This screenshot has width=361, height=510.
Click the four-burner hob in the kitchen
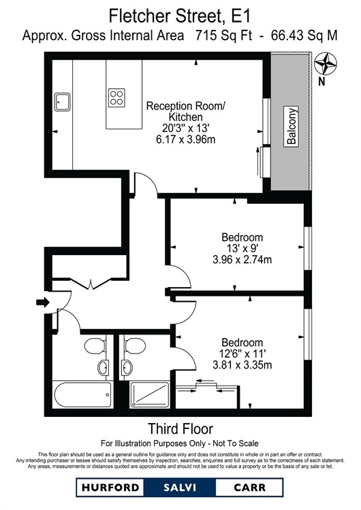(x=116, y=97)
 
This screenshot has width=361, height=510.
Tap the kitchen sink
(x=62, y=102)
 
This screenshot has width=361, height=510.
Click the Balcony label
(x=292, y=126)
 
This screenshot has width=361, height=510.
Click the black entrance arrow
(x=43, y=302)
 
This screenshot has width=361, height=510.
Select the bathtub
(x=82, y=394)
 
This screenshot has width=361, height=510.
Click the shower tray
(x=150, y=395)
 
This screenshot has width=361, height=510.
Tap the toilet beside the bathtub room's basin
(x=95, y=345)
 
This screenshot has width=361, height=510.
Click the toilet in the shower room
(x=135, y=345)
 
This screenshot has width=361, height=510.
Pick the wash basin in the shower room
(x=127, y=367)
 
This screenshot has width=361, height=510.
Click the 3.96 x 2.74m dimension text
(x=242, y=260)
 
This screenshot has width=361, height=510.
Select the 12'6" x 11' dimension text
(x=242, y=353)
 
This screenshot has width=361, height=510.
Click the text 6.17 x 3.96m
(x=186, y=139)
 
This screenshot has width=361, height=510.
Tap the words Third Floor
(x=180, y=428)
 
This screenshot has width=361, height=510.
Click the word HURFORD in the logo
(x=110, y=488)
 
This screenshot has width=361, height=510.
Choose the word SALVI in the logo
(x=180, y=488)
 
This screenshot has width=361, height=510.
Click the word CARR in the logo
(x=249, y=488)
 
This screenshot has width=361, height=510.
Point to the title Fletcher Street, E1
(x=180, y=16)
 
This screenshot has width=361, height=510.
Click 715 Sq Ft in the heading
(x=224, y=35)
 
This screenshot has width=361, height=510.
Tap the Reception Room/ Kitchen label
(x=186, y=112)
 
